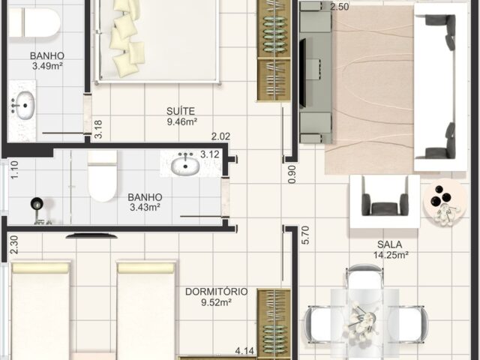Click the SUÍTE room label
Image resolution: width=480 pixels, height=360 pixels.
[181, 111]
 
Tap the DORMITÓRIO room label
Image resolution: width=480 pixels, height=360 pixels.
[217, 292]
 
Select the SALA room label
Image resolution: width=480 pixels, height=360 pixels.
[390, 244]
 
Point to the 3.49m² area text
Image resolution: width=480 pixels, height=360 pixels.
[47, 66]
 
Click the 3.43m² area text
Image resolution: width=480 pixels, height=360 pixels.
[145, 207]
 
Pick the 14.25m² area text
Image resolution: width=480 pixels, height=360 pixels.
[391, 255]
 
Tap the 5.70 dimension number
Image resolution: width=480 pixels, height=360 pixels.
[305, 235]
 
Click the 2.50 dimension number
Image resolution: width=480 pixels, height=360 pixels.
[340, 7]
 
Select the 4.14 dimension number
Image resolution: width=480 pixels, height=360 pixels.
[244, 350]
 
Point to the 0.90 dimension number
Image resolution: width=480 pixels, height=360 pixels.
[292, 175]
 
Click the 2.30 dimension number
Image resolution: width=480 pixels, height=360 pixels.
[14, 244]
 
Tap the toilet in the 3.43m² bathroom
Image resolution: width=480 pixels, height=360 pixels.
[102, 176]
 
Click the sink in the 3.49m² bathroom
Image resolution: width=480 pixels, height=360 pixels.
[25, 105]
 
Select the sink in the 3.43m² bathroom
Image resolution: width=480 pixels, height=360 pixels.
[185, 165]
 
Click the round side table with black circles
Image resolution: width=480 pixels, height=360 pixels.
[444, 200]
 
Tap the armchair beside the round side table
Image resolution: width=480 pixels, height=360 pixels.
[385, 201]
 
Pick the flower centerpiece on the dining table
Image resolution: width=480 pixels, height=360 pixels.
[361, 322]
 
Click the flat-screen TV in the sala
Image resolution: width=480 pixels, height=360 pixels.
[302, 73]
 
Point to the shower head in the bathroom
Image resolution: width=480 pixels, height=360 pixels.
[37, 204]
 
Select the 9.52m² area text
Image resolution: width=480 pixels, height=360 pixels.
[216, 302]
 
